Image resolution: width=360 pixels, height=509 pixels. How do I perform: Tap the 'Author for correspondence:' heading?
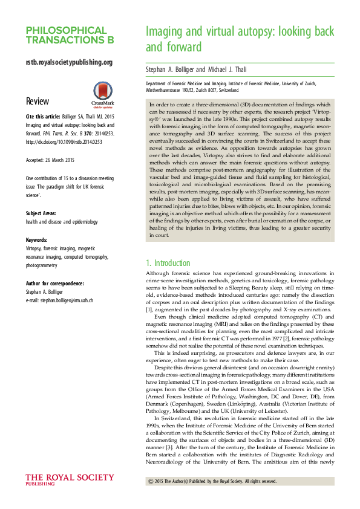(x=54, y=283)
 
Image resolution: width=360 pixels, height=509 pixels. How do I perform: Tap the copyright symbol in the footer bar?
(x=151, y=481)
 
